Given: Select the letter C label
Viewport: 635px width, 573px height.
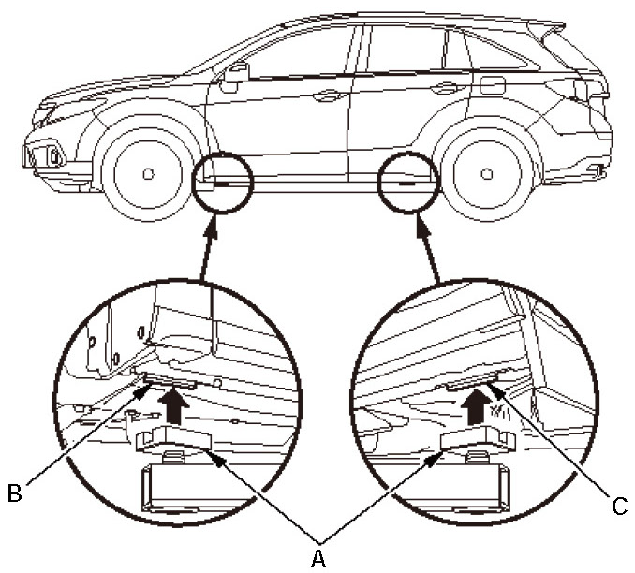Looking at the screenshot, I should (x=617, y=507).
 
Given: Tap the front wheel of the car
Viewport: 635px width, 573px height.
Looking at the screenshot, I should (x=148, y=173).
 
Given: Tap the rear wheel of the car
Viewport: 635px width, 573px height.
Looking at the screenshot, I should (x=488, y=173).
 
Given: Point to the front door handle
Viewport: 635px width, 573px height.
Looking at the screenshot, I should (x=327, y=95).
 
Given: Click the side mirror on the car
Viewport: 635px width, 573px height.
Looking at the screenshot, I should (x=234, y=72).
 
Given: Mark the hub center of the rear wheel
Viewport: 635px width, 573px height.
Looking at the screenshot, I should (x=488, y=174).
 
